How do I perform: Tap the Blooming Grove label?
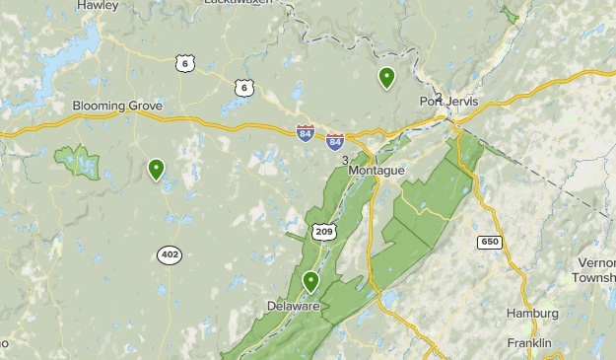point(117,107)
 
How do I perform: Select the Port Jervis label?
point(448,101)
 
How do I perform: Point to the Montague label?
point(376,171)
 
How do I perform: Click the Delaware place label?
point(293,306)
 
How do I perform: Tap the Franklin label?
point(529,342)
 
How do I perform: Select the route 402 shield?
point(169,254)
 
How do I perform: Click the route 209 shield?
point(324,231)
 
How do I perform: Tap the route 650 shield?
point(489,242)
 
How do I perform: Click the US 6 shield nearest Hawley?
point(184,63)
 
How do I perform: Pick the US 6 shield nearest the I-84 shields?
point(243,89)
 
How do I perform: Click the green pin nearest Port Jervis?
point(386,77)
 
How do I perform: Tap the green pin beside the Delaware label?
point(311,282)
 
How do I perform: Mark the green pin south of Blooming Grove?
point(156,170)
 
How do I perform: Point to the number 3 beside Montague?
point(344,160)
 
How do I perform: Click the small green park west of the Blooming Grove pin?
point(79,162)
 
